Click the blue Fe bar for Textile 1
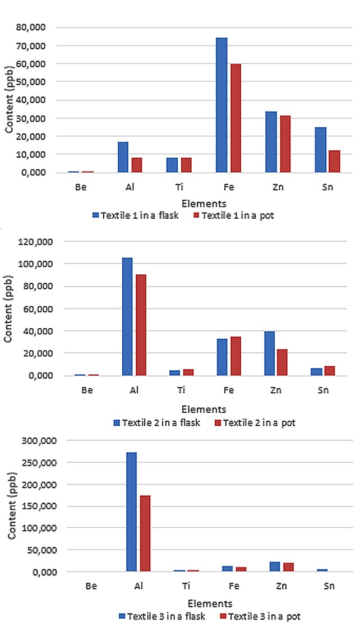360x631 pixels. click(221, 105)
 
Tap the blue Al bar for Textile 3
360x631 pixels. click(132, 512)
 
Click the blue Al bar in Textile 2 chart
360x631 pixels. click(127, 316)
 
